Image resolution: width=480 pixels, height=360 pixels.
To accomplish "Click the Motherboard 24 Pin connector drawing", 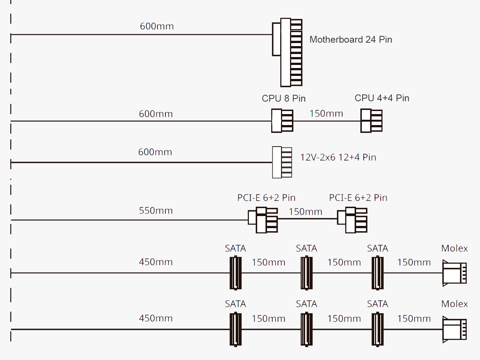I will coord(288,52).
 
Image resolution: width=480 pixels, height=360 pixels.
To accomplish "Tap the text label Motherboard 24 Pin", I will coord(350,40).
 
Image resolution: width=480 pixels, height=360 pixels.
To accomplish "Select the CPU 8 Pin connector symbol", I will coord(282,121).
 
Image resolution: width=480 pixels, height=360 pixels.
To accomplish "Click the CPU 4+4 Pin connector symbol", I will coord(371,121).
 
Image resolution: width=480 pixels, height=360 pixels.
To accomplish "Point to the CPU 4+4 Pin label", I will coord(382,98).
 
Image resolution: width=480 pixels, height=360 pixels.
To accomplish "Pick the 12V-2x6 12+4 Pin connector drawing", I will coord(282,162).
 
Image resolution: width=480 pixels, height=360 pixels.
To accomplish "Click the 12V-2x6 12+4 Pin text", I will coord(338,158).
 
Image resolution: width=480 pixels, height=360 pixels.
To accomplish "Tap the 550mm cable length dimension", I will coord(156,211).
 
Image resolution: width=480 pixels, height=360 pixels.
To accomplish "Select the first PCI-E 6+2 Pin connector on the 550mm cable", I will coord(264,219).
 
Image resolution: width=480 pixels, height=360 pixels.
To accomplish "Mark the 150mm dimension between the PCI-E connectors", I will coord(306,212).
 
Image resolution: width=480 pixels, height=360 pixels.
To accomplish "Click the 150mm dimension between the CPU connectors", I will coord(326,114).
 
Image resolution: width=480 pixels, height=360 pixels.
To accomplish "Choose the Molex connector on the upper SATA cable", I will coord(454,273).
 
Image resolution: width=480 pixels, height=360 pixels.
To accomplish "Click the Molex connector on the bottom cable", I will coord(454,329).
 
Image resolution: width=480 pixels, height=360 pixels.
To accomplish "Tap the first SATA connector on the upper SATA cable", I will coord(236,273).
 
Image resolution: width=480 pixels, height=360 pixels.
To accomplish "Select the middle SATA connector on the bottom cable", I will coord(307,329).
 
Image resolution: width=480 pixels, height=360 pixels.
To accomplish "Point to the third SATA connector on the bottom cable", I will coord(378,329).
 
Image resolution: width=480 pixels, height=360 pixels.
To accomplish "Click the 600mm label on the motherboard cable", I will coord(157,26).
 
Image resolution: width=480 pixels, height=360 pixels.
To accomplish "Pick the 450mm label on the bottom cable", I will coord(156,318).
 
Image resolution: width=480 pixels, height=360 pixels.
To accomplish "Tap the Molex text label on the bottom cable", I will coord(454,304).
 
